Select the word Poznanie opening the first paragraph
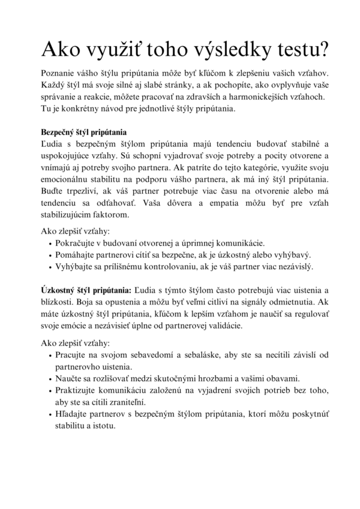click(x=59, y=72)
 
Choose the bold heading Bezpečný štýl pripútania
click(x=83, y=132)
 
